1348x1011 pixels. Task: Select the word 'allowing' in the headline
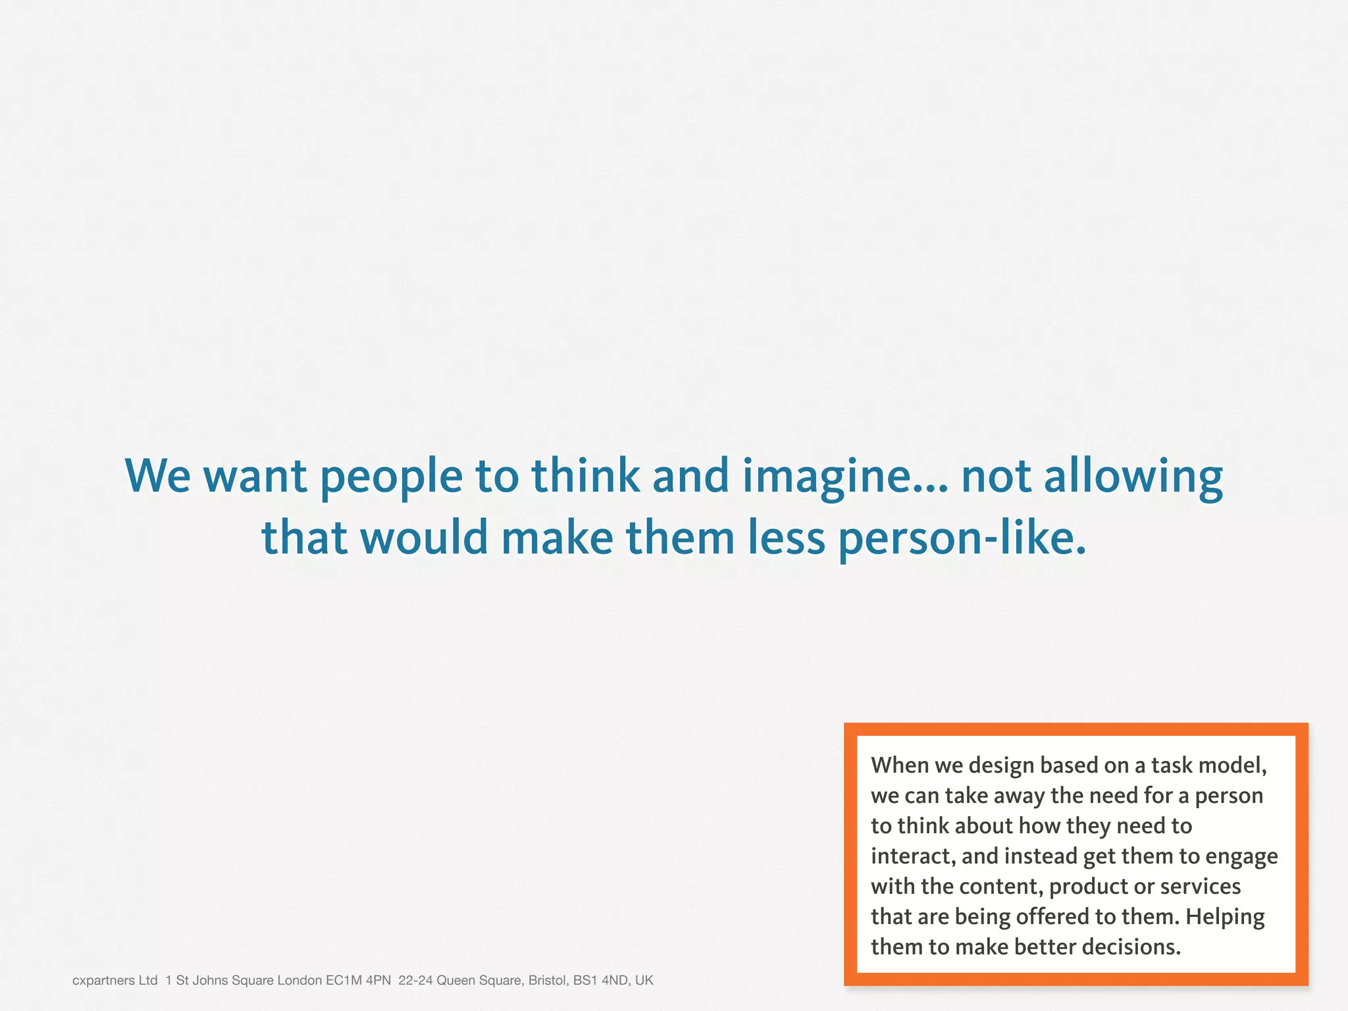click(1133, 477)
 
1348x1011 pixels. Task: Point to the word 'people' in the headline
click(392, 477)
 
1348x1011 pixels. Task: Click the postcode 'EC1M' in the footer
click(344, 981)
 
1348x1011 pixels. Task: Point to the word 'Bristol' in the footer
click(548, 981)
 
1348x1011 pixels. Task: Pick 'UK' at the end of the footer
click(644, 981)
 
